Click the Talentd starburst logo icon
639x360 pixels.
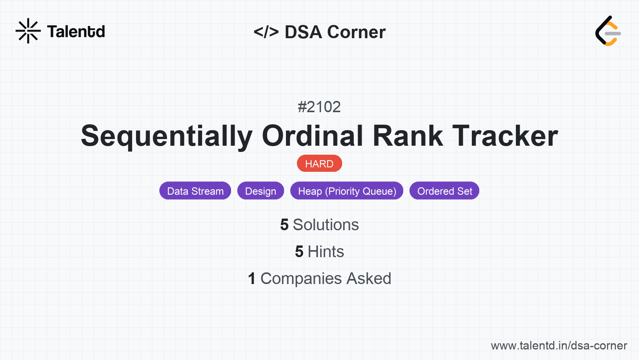point(28,31)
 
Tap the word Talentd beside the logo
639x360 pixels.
point(76,32)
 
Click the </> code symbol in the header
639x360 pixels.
point(266,32)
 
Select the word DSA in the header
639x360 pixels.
point(303,32)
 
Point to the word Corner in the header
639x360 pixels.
point(356,32)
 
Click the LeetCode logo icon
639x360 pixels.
point(608,31)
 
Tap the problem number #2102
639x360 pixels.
point(319,107)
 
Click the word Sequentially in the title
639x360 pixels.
point(167,136)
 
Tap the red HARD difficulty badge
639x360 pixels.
point(319,164)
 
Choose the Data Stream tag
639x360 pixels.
point(195,191)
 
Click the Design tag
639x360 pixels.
point(260,191)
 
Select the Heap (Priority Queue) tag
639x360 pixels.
point(347,191)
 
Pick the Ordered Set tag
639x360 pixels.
point(444,191)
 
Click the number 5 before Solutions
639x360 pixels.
point(284,225)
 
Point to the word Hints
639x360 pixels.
point(326,252)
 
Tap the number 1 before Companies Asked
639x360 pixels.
point(252,279)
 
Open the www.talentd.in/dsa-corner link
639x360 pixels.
point(559,346)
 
